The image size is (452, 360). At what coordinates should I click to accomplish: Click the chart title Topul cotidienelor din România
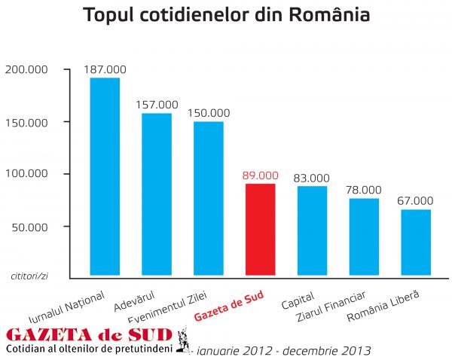226,16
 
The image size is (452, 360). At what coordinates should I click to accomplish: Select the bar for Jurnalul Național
105,177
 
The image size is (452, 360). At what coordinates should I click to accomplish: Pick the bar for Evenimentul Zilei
208,199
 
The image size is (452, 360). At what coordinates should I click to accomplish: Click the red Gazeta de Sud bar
261,230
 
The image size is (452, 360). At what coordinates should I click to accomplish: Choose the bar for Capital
312,231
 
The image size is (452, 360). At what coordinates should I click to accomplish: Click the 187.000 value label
105,69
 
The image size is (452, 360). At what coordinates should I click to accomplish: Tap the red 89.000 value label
261,175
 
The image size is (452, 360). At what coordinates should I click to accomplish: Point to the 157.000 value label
157,105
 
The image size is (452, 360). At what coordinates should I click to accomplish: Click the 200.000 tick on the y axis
26,69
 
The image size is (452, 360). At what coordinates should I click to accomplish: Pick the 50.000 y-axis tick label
29,226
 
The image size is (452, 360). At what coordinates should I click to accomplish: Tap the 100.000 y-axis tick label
26,174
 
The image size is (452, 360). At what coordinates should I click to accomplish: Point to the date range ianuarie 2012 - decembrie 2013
283,350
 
